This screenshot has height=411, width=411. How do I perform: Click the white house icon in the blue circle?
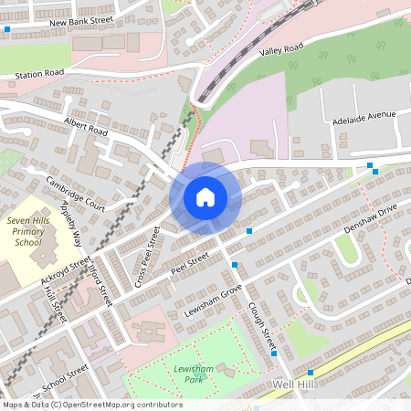(x=205, y=197)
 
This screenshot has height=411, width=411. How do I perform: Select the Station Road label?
(x=40, y=72)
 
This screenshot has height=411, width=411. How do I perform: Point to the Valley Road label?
(x=280, y=47)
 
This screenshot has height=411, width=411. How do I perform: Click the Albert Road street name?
(x=86, y=126)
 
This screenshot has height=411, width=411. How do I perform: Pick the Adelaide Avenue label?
(x=364, y=116)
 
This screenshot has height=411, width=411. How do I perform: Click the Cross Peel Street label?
(x=147, y=258)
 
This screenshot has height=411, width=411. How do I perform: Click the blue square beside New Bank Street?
(x=7, y=29)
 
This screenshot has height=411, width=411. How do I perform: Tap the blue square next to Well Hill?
(x=311, y=373)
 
